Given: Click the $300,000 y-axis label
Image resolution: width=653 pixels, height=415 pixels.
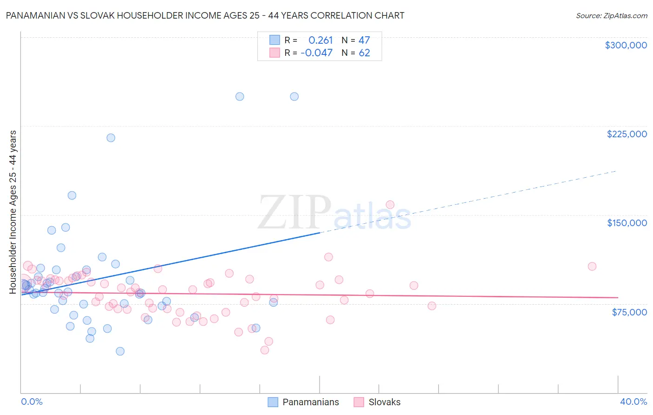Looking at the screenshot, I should [x=626, y=45].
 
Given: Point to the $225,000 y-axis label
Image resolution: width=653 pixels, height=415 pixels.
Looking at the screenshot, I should [x=627, y=134].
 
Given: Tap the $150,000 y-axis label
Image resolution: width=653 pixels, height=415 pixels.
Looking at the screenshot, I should [x=627, y=223].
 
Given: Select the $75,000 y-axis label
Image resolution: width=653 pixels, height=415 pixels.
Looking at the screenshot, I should [x=629, y=312].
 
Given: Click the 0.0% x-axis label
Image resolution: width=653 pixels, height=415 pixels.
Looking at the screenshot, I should [x=32, y=402].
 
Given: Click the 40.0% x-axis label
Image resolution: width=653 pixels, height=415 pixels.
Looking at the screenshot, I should [x=633, y=402].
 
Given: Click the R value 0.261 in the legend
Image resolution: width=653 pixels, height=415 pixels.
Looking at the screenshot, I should [x=320, y=40].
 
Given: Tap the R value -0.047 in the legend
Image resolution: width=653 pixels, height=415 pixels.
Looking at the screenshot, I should [x=316, y=53].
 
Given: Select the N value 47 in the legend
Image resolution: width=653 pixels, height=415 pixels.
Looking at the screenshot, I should [x=364, y=40].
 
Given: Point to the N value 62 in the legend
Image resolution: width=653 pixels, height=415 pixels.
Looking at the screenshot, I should [x=364, y=53].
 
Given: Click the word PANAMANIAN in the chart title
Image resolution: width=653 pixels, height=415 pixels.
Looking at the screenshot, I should [x=35, y=15].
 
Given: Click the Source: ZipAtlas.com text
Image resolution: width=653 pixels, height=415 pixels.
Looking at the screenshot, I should [x=611, y=15].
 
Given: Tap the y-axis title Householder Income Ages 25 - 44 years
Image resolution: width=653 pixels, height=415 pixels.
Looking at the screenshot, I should [x=13, y=212].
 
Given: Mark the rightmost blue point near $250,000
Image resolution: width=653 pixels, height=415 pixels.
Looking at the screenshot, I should [x=294, y=97].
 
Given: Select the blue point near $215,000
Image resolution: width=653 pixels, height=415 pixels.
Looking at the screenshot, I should [x=111, y=138].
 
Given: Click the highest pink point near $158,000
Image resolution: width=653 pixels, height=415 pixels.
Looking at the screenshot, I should [x=390, y=205].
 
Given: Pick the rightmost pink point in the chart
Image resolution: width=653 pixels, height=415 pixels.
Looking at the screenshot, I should [x=592, y=266].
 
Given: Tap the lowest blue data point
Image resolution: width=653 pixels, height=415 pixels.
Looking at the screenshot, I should [x=120, y=351].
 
